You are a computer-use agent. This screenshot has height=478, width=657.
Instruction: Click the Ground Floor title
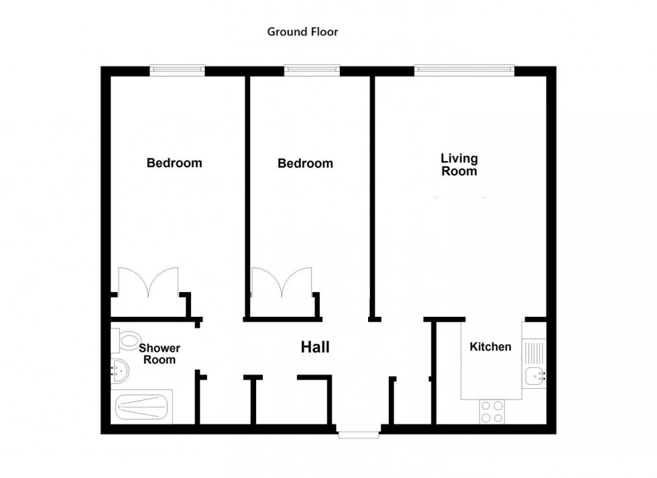tap(302, 32)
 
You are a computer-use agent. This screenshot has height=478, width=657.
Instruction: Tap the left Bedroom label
tap(174, 163)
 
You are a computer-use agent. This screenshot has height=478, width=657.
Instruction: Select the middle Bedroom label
tap(305, 164)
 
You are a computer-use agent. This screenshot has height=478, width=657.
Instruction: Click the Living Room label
tap(459, 164)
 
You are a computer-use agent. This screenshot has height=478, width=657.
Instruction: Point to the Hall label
tap(314, 347)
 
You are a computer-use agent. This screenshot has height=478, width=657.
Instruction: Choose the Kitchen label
tap(490, 347)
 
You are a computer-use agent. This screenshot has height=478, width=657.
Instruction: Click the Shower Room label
tap(160, 354)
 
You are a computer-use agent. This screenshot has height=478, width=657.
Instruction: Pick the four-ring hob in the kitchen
tap(492, 411)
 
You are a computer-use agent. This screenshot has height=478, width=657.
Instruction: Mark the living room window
tap(464, 68)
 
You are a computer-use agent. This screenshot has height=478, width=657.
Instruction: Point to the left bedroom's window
tap(177, 68)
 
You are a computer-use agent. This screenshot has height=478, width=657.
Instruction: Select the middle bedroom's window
tap(312, 68)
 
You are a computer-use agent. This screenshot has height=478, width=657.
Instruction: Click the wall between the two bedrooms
tap(247, 195)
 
